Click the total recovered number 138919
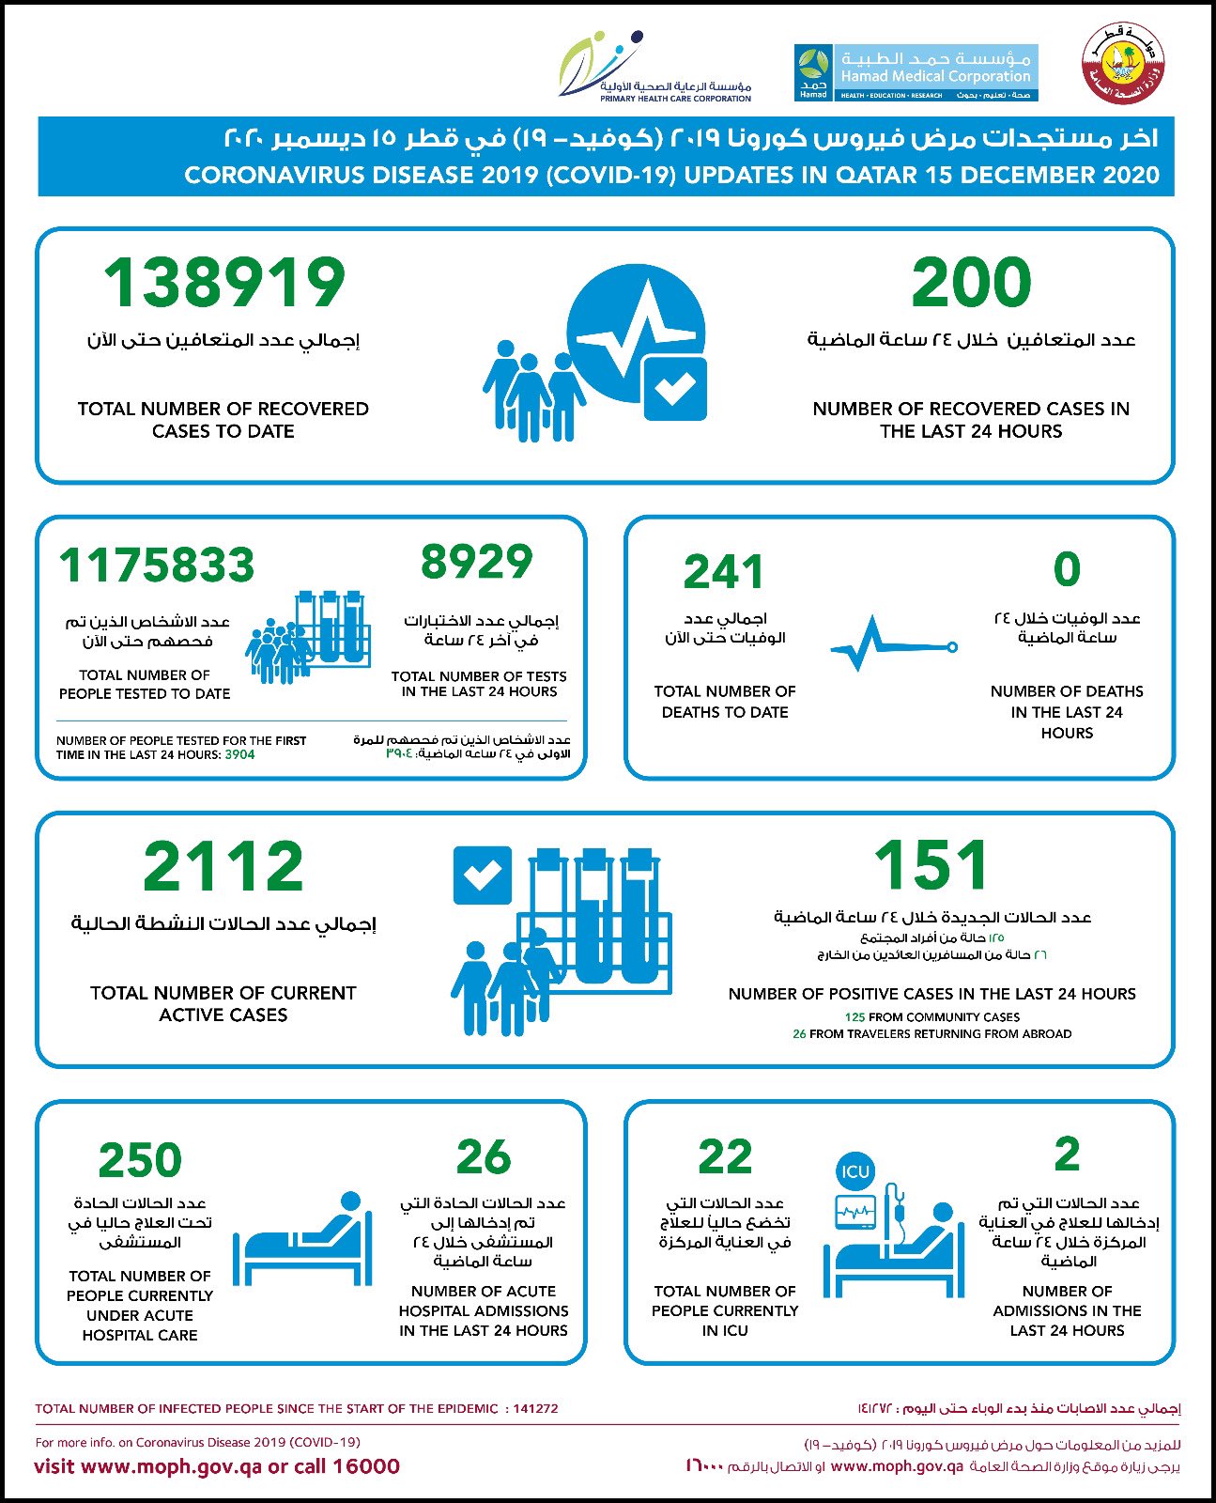pos(224,283)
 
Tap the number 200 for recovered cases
pos(971,283)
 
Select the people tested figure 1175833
pos(157,566)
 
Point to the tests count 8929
pos(476,562)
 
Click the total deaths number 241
pos(724,571)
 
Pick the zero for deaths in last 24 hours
pos(1067,569)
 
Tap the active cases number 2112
pos(223,866)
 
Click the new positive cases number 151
pos(931,865)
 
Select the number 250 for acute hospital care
pos(140,1160)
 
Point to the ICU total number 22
pos(725,1157)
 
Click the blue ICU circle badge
pos(855,1171)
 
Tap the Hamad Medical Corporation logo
pos(916,72)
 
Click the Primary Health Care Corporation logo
pos(657,67)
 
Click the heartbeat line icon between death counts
pos(892,645)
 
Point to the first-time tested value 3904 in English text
pos(239,754)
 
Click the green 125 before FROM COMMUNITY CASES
pos(854,1017)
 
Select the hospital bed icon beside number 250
pos(302,1238)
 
